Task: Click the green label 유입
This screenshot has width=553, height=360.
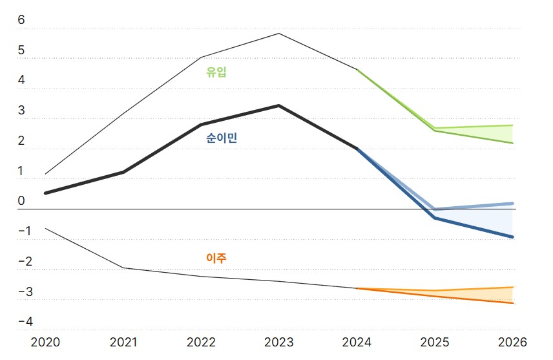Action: click(216, 72)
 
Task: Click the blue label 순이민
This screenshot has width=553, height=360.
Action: click(221, 138)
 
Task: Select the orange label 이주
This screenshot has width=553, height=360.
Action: click(216, 258)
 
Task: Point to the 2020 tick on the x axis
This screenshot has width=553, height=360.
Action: click(45, 341)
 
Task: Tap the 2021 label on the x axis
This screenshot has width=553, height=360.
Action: click(123, 341)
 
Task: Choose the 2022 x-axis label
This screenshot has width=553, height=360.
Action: click(202, 341)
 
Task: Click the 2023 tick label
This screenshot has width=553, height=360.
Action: click(279, 341)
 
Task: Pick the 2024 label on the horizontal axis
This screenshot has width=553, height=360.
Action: click(357, 341)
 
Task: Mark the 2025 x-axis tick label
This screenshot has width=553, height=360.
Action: click(435, 341)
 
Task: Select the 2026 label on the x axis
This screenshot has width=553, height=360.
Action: click(513, 341)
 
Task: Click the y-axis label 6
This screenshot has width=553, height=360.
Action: click(21, 20)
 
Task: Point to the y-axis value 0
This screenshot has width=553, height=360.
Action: click(21, 201)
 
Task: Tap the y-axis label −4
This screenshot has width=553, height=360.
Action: click(25, 322)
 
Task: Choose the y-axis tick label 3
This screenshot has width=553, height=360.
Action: click(21, 111)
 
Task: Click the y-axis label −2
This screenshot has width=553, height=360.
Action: click(25, 262)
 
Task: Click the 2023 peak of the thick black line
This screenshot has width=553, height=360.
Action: click(279, 105)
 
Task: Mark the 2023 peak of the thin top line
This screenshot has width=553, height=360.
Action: click(279, 33)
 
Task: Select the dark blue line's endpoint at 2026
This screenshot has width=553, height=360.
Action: click(513, 237)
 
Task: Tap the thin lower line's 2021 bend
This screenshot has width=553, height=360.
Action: click(123, 268)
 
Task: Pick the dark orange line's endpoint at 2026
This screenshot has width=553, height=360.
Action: click(513, 303)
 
